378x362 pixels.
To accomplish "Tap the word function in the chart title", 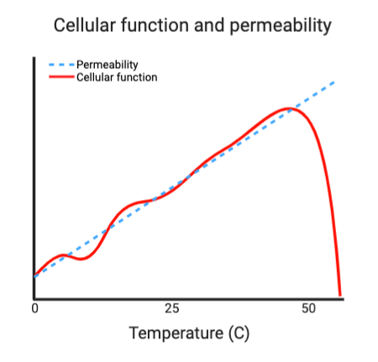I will point(159,25).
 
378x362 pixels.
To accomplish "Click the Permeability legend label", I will point(108,64).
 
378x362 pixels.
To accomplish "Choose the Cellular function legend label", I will point(117,77).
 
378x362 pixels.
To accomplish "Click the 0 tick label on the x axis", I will point(34,308).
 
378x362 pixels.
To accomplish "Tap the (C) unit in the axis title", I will point(239,333).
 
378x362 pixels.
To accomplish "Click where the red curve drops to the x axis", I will point(340,295).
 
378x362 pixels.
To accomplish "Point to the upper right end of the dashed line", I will point(336,81).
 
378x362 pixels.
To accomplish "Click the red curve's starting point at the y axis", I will point(35,275).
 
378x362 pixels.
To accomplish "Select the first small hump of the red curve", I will point(62,254).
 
